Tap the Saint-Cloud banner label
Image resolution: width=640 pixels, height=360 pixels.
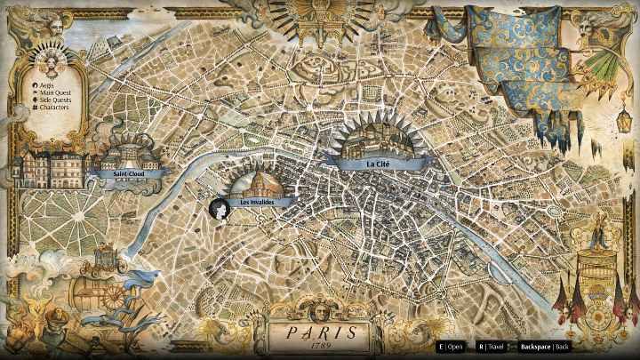tap(129, 174)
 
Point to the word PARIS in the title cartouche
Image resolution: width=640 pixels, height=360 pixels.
tap(316, 332)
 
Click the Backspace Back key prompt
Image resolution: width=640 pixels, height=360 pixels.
tap(543, 346)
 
